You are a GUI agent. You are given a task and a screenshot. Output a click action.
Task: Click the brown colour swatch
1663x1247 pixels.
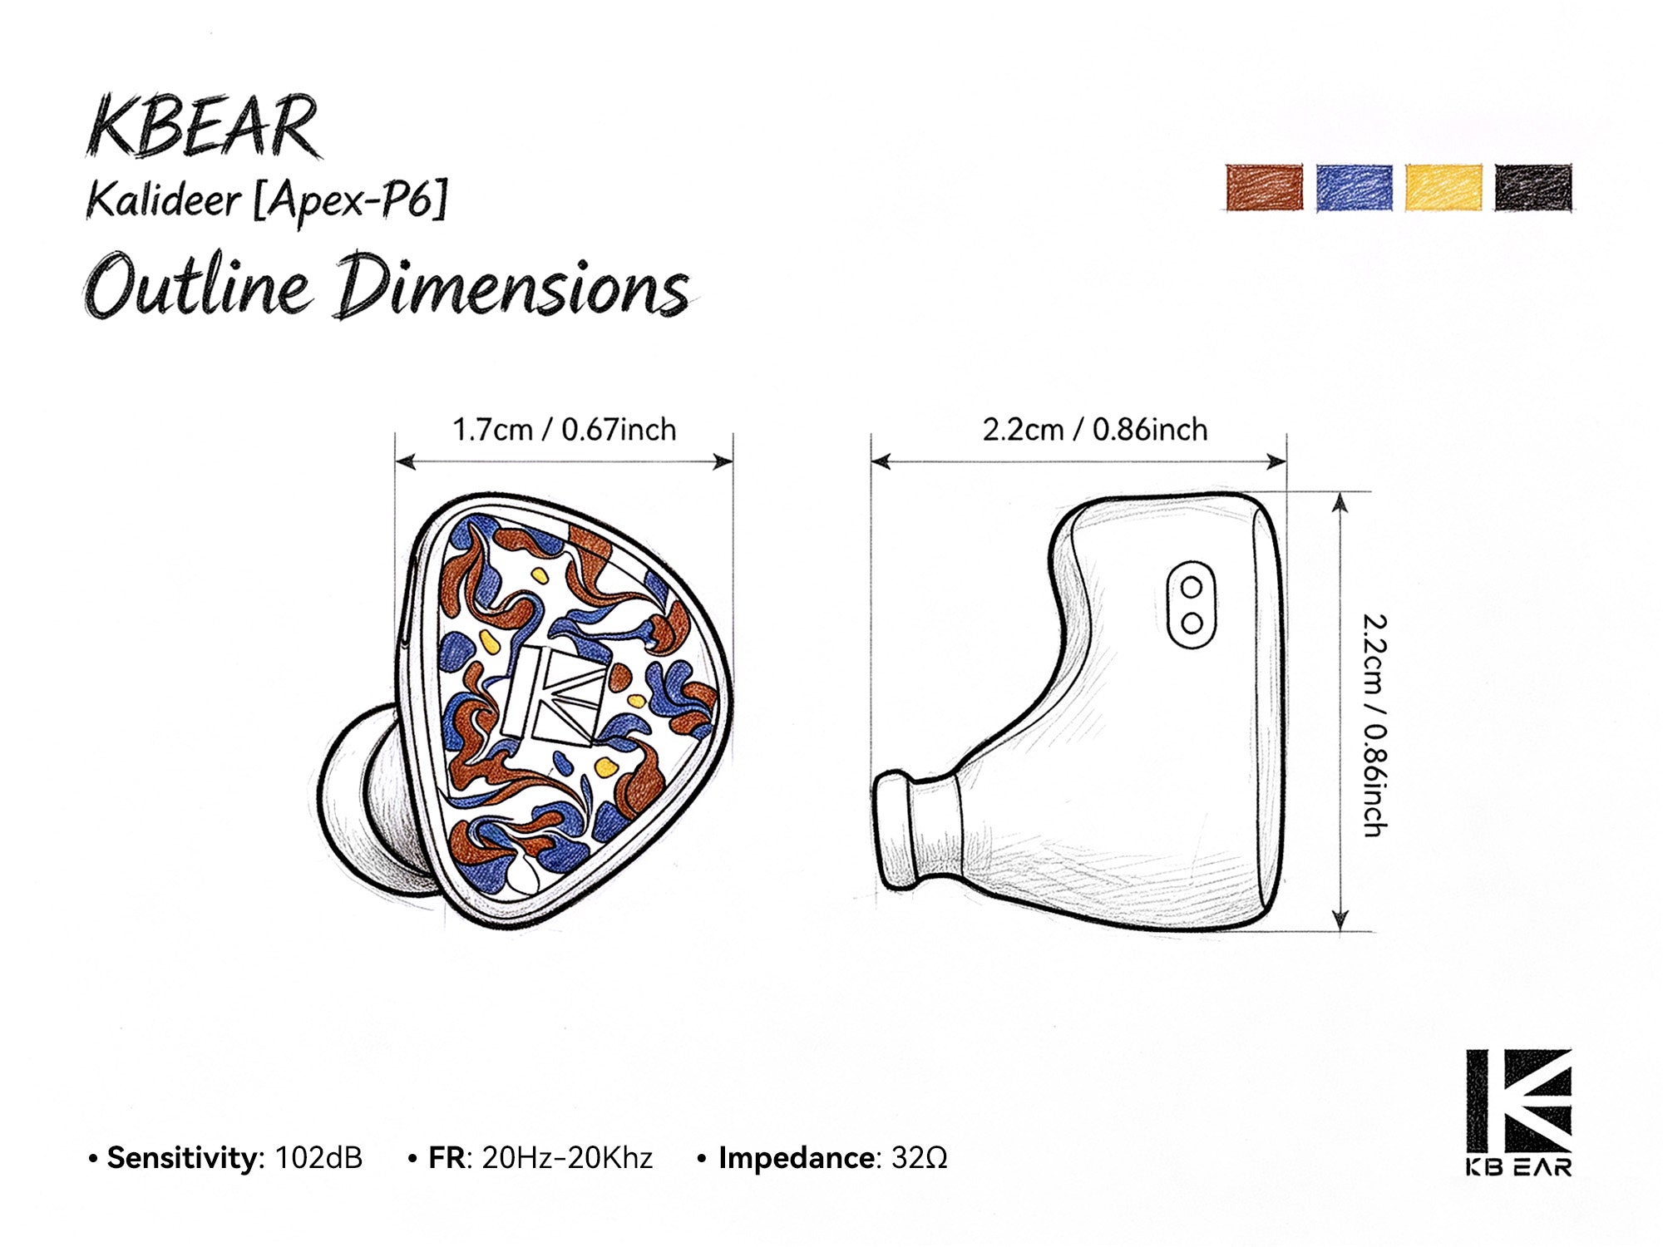point(1264,187)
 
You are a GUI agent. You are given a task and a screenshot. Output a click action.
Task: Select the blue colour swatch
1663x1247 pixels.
point(1354,187)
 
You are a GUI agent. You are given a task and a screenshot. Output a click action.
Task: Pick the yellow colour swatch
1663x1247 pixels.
point(1443,187)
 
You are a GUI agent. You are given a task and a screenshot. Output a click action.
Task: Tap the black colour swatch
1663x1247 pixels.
point(1533,187)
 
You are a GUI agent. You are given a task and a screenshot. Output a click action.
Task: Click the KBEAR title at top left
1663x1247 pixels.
point(203,126)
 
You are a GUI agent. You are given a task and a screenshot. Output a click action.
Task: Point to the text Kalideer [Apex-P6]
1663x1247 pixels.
point(267,201)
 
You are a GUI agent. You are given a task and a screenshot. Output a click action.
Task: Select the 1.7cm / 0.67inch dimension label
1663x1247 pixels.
point(564,430)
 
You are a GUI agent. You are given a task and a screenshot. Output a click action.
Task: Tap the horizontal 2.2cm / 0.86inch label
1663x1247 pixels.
point(1095,430)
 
